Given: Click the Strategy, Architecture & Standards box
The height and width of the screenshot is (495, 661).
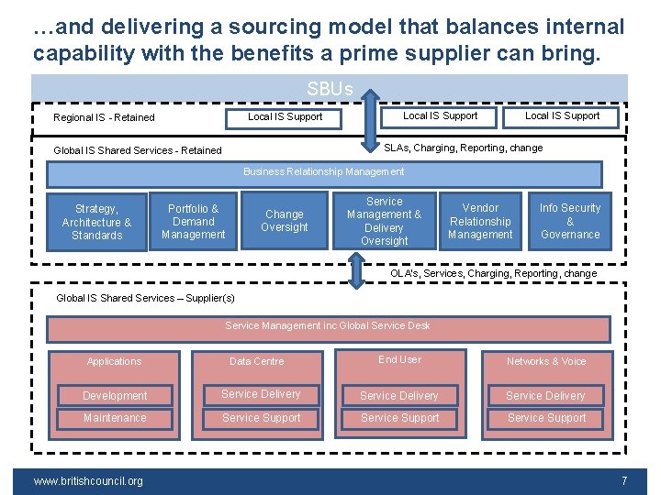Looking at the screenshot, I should point(96,222).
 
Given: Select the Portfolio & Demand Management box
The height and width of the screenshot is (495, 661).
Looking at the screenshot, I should point(193,222).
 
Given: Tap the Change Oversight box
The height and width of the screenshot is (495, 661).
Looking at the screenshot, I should point(285,221).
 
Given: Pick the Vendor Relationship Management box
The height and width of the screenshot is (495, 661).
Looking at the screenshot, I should point(480,221).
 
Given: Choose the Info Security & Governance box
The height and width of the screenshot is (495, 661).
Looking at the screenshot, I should point(569,221).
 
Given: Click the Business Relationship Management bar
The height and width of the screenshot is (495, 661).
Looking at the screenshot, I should point(324,172).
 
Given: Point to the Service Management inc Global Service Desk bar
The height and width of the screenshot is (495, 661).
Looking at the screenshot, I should point(328,326).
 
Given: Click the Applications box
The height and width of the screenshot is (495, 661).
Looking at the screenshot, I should point(114,361).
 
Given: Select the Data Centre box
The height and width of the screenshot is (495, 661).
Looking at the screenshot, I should point(257,361).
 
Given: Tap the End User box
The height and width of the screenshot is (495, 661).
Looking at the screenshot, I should point(400,360).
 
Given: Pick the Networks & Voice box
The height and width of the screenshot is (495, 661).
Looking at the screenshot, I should point(546,361).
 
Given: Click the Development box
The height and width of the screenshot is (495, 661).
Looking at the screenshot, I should point(115,396).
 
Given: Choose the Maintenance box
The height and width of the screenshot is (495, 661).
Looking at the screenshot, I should point(115,418).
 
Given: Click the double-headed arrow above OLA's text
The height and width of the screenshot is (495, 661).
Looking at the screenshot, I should point(355,270).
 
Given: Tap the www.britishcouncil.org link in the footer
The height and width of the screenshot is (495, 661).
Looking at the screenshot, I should point(88,481).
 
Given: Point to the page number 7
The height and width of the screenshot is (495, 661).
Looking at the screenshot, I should point(624,481).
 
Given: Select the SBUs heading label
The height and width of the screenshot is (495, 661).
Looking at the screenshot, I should point(330,89).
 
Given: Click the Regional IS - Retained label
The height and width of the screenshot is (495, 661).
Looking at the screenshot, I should point(104,117).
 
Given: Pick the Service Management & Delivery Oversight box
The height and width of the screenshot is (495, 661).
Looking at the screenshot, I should point(384,221).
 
